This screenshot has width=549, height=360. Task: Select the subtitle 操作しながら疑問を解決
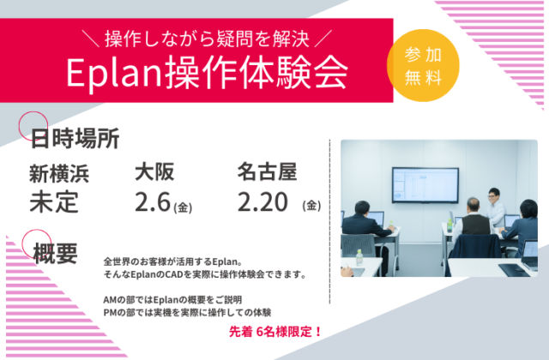pos(205,39)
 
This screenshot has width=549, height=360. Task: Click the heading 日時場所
pos(75,138)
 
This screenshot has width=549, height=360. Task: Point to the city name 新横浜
pos(58,173)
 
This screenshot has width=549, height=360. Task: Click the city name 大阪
pos(154,171)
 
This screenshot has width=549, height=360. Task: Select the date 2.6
pos(153,202)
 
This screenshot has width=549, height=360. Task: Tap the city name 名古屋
pos(267,171)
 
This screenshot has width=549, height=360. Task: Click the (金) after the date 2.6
pos(183,207)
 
